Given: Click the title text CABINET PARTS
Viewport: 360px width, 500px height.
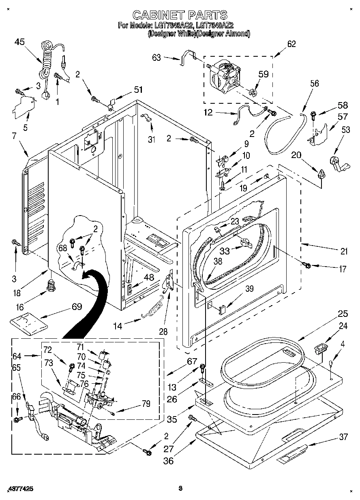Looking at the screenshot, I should [180, 15].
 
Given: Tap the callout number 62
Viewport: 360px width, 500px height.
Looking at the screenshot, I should [291, 44].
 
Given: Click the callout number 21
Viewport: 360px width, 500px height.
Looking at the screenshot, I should [344, 251].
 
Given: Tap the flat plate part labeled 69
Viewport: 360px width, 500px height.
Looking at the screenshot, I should [29, 322].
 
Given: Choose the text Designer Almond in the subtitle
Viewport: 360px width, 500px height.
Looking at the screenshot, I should [223, 34].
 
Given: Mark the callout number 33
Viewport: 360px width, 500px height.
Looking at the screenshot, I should [224, 251].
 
